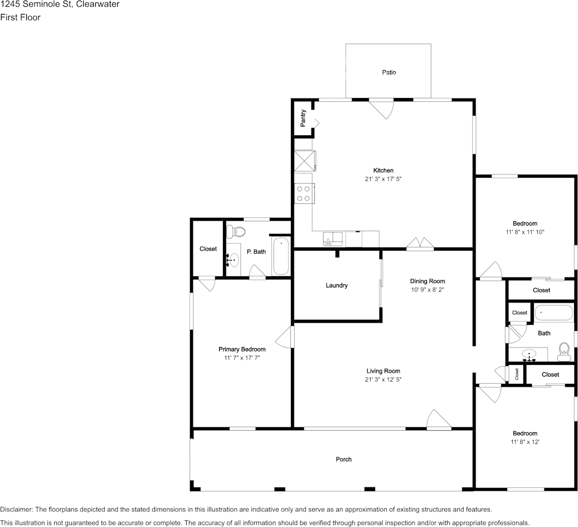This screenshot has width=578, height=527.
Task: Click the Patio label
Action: coord(388,72)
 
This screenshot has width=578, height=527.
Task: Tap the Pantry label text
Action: coord(303,118)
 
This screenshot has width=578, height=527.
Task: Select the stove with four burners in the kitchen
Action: coord(304,193)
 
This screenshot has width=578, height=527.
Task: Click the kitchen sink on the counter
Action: coord(333,240)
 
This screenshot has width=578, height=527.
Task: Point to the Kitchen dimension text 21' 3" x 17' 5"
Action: coord(383,179)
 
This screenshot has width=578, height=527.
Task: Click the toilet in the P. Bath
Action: coord(239,231)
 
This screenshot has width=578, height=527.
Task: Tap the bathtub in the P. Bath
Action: coord(281,256)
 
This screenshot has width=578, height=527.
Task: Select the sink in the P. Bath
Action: coord(234,260)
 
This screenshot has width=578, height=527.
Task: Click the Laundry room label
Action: coord(337,285)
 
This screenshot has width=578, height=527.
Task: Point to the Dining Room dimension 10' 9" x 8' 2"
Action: coord(428,290)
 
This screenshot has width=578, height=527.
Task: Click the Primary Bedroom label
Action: coord(241,349)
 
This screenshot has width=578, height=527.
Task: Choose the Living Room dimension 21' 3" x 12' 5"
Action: coord(383,379)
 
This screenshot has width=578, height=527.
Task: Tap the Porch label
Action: coord(343,460)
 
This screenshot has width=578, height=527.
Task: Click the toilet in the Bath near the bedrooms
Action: coord(564,349)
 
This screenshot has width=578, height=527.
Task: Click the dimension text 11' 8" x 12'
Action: coord(525,442)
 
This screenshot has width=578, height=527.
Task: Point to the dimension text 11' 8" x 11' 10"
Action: coord(525,232)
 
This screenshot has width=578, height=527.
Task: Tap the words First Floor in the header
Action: coord(20,17)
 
